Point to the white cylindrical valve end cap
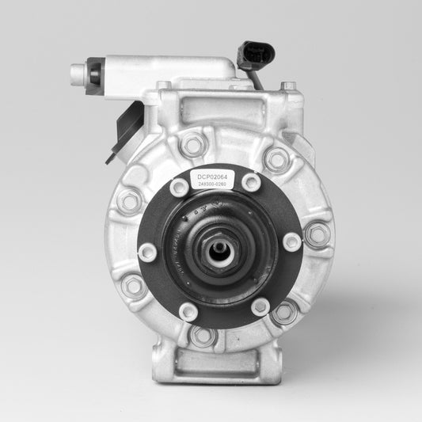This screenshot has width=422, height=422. [x=78, y=74]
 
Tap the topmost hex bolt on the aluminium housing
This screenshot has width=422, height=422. [x=192, y=144]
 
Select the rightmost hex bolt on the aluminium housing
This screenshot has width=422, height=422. [x=317, y=234]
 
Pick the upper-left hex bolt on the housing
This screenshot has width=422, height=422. [x=129, y=201]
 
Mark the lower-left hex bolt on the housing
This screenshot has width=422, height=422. [x=134, y=285]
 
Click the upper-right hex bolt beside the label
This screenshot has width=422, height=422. [x=276, y=159]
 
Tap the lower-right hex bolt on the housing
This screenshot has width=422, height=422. [x=283, y=311]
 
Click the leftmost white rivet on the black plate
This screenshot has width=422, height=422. [x=146, y=253]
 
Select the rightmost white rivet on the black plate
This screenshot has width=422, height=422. [x=292, y=241]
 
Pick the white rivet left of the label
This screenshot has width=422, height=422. [x=180, y=188]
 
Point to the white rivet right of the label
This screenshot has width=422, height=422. [x=252, y=183]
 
